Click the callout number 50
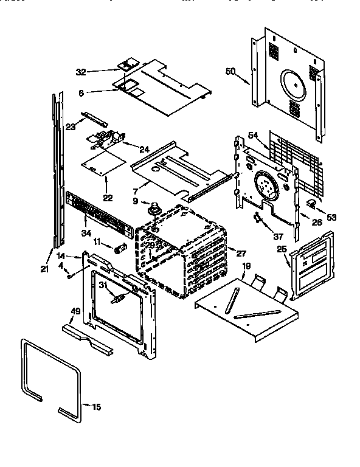[230, 72]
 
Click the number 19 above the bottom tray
[246, 266]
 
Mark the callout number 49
[75, 312]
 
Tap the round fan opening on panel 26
[266, 182]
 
